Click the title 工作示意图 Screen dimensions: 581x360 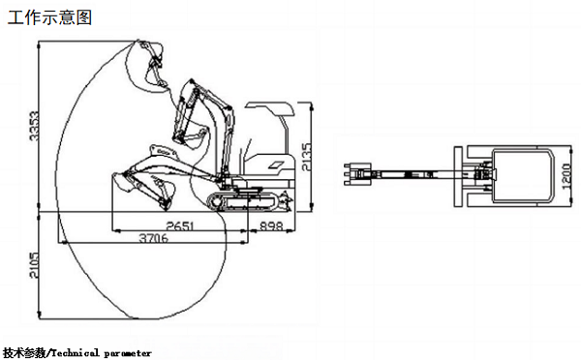tap(49, 17)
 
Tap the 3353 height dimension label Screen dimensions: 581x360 tap(34, 126)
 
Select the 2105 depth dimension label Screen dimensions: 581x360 tap(34, 265)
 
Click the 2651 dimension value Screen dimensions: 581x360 tap(180, 225)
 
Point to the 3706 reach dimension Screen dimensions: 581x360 tap(153, 238)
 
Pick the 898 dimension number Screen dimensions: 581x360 tap(271, 225)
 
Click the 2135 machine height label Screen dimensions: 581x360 tap(307, 157)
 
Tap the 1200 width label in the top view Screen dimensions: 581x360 tap(566, 176)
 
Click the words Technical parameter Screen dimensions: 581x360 tap(101, 353)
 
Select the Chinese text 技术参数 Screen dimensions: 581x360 tap(24, 353)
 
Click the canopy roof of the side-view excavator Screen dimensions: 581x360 tap(270, 107)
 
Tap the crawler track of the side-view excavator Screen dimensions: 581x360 tap(244, 202)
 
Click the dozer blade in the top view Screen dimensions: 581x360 tap(458, 176)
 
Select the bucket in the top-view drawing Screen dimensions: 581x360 tap(357, 173)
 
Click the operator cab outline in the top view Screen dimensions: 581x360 tap(523, 176)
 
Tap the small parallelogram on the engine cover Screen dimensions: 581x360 tap(276, 165)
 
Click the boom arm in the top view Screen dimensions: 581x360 tap(415, 174)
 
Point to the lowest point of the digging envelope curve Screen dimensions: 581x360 tap(133, 318)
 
